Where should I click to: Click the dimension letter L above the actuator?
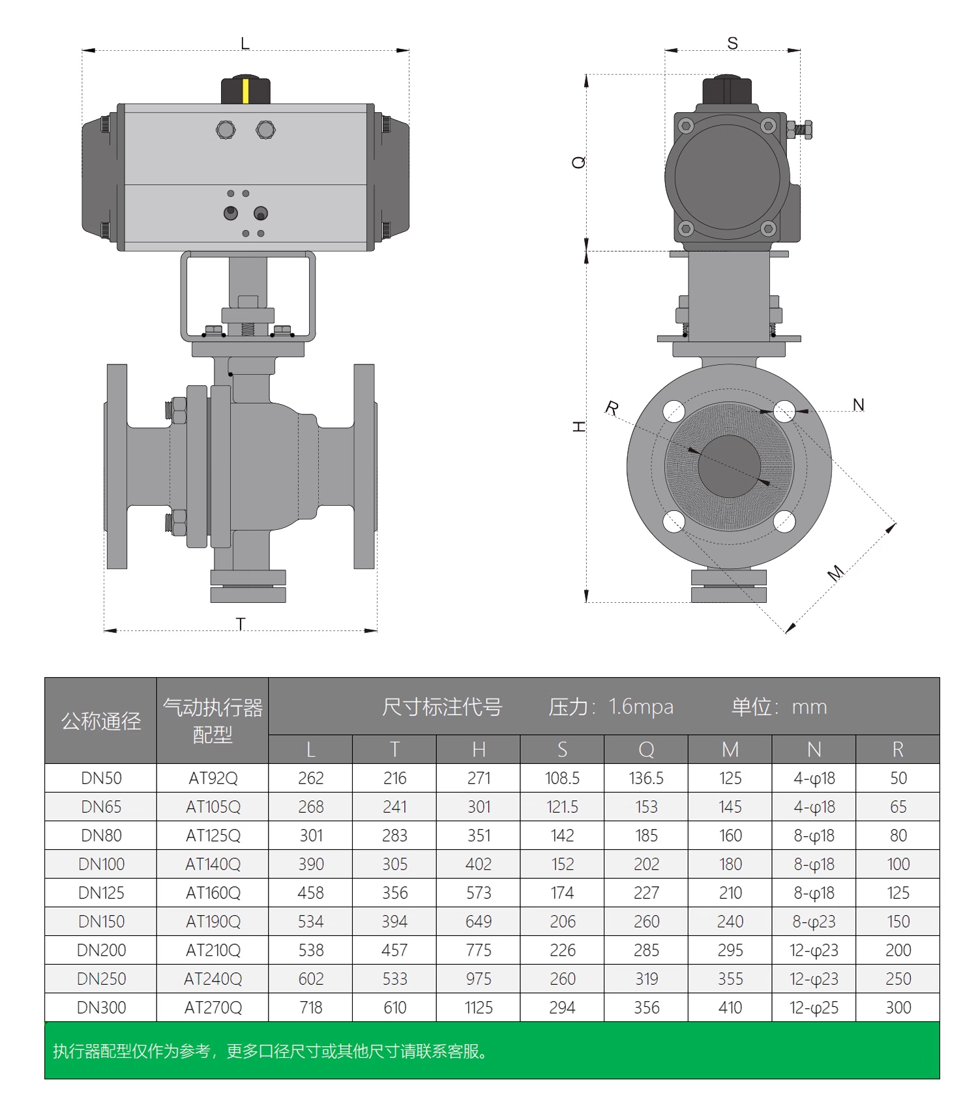[245, 44]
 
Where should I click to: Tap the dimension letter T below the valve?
[241, 624]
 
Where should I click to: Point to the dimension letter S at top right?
[733, 44]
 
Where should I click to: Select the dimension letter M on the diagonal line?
[835, 573]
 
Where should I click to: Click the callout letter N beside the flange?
[859, 405]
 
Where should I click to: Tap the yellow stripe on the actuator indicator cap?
[246, 91]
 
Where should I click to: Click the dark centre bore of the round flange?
[729, 466]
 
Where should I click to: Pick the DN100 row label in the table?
[101, 864]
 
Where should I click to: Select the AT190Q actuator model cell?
[213, 922]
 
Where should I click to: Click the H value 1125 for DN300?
[479, 1008]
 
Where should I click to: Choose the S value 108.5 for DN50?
[562, 778]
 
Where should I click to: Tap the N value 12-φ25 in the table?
[814, 1008]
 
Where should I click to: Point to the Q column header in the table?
[646, 750]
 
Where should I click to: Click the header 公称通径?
[101, 721]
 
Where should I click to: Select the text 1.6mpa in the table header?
[640, 707]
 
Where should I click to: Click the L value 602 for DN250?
[311, 979]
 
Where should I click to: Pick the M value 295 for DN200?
[730, 950]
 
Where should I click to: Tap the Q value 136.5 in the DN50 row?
[646, 778]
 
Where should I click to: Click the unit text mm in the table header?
[809, 707]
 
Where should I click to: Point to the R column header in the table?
[898, 750]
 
